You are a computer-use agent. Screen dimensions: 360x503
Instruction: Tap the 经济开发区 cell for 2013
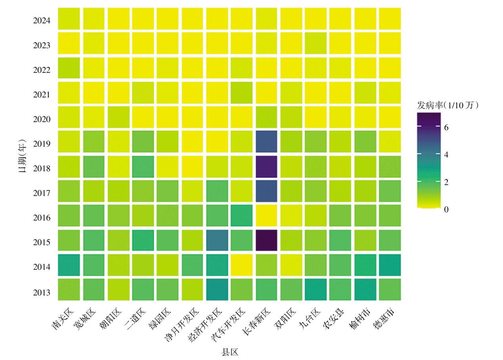point(217,290)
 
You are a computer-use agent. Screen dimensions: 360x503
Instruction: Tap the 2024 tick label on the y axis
point(42,20)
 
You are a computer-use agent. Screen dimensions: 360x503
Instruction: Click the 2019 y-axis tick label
point(42,144)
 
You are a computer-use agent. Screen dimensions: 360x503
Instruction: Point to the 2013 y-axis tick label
point(42,293)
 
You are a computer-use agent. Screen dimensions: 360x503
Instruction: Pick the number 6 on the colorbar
point(446,128)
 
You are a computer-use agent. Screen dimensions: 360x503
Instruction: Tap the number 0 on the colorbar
point(446,210)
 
